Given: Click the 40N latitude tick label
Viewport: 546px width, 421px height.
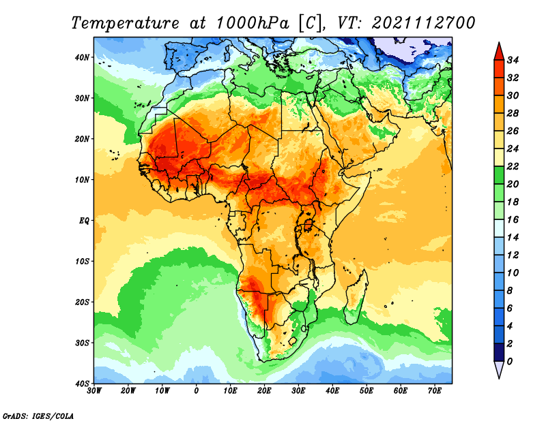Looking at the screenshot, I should click(x=82, y=57).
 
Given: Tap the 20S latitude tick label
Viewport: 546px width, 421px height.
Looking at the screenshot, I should click(x=82, y=302).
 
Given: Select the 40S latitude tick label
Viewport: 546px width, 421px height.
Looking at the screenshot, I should click(x=82, y=384).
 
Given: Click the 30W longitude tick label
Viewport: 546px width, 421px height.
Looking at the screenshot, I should click(x=94, y=392).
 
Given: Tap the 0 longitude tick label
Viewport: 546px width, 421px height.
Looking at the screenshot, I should click(x=197, y=392).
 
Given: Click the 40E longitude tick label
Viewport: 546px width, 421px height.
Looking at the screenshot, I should click(x=332, y=392).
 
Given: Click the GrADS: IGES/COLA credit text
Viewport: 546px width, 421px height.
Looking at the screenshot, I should click(x=38, y=415).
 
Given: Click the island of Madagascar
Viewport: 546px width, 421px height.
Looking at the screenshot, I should click(x=358, y=296).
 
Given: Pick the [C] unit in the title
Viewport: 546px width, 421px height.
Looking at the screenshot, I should click(x=308, y=23).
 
